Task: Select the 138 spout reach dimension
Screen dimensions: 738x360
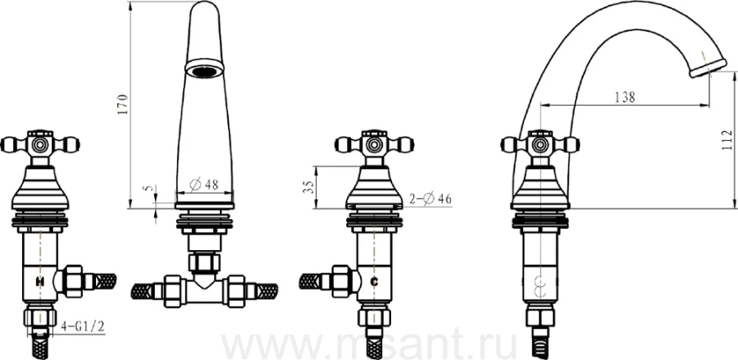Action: [x=625, y=98]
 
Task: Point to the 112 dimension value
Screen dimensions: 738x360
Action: [x=727, y=140]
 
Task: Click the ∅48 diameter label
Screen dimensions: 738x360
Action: [x=204, y=185]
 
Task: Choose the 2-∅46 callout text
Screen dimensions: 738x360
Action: [x=430, y=199]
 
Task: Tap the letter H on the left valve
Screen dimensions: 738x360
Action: [x=40, y=281]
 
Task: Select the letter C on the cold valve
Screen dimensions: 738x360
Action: [x=375, y=281]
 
